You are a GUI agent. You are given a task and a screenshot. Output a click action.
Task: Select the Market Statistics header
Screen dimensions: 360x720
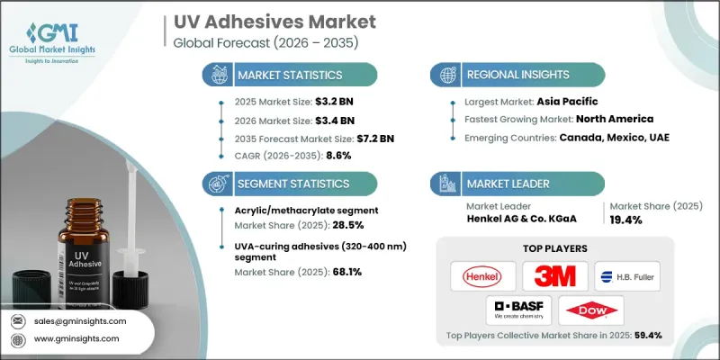pyautogui.click(x=290, y=74)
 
